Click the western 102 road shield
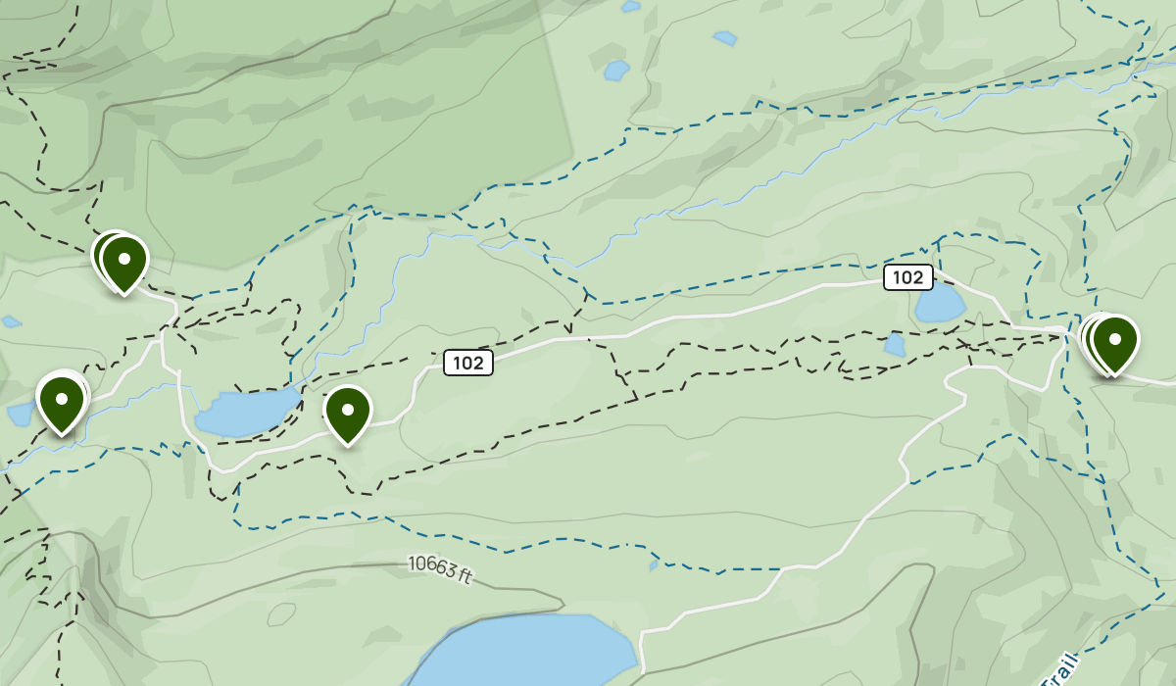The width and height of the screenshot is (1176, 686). (468, 363)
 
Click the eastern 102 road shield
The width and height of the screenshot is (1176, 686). (907, 277)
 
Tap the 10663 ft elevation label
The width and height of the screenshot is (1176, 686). (440, 569)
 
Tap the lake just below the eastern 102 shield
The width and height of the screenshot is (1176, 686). (939, 305)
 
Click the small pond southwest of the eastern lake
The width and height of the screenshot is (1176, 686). (894, 345)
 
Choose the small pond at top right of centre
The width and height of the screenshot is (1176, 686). (725, 38)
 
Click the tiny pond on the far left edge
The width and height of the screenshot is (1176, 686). (11, 321)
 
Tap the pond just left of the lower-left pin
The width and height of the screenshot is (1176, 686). (20, 415)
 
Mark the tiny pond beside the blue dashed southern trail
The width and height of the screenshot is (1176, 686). (654, 564)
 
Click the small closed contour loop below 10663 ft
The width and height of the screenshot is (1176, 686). (281, 614)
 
